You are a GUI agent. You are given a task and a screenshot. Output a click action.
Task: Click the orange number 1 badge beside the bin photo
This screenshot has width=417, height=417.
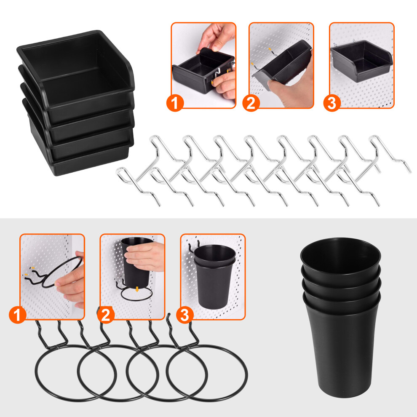175,103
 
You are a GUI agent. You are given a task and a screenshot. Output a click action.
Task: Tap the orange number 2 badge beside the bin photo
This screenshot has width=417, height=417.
251,103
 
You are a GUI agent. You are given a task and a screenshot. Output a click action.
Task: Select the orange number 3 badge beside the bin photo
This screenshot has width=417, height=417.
332,103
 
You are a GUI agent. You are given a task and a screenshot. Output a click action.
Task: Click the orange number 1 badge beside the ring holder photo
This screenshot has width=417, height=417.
18,315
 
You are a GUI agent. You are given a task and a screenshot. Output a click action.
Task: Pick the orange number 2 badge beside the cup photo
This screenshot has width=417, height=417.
106,315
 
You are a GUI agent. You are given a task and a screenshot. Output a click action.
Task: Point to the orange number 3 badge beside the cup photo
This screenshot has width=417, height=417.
185,315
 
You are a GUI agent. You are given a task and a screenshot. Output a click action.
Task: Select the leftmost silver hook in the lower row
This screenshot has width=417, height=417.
138,187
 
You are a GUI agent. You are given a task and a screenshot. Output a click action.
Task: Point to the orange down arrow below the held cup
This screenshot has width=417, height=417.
137,289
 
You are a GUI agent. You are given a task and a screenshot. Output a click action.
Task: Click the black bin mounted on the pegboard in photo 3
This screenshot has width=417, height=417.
361,61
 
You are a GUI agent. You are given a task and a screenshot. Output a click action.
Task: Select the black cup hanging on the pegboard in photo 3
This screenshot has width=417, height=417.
214,277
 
